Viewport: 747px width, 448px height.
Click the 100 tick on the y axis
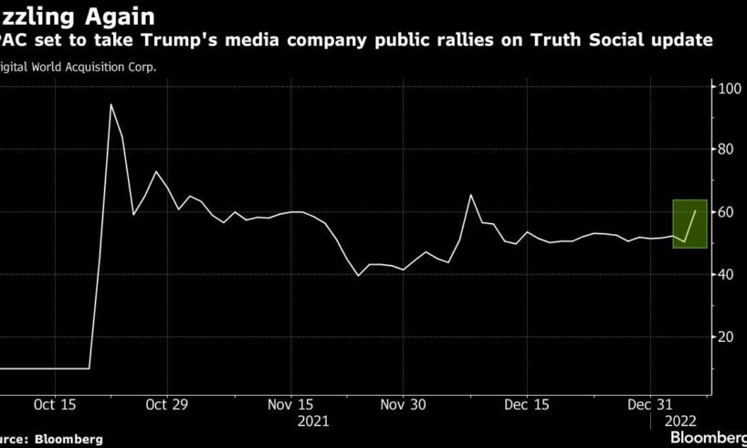tap(728, 89)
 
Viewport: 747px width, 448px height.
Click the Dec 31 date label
tap(650, 404)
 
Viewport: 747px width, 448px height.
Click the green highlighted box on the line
tap(690, 224)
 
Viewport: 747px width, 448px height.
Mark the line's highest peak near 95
tap(110, 104)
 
